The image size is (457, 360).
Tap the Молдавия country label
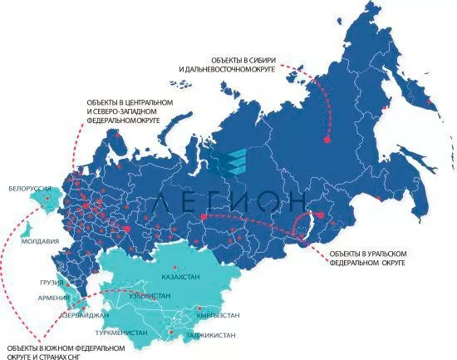(39, 241)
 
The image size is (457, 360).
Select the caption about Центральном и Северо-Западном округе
(130, 111)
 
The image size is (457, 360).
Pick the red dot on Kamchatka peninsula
(430, 103)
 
